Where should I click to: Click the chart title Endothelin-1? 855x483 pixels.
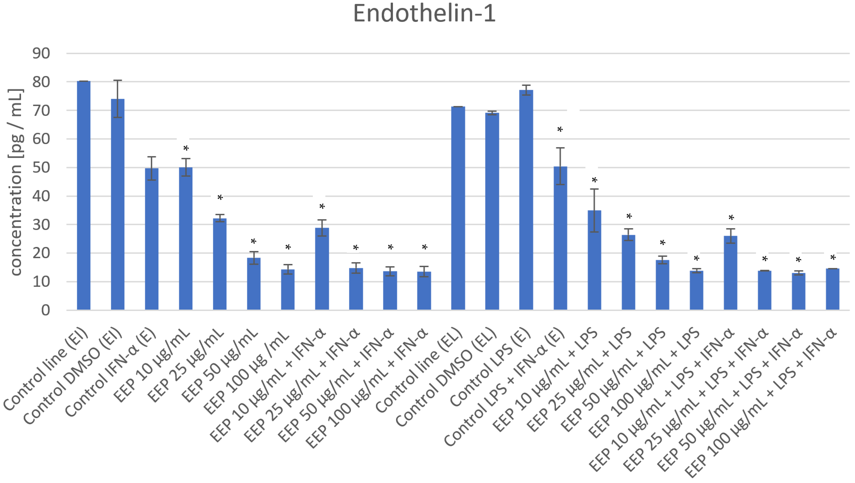424,14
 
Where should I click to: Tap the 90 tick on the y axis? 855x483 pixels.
41,53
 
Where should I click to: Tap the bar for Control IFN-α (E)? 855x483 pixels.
152,239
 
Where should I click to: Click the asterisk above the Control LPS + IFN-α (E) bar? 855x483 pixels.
560,130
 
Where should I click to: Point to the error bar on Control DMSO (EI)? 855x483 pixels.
117,99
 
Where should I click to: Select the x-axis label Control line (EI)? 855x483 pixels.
46,368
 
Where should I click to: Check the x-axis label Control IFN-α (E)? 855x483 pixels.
111,372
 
